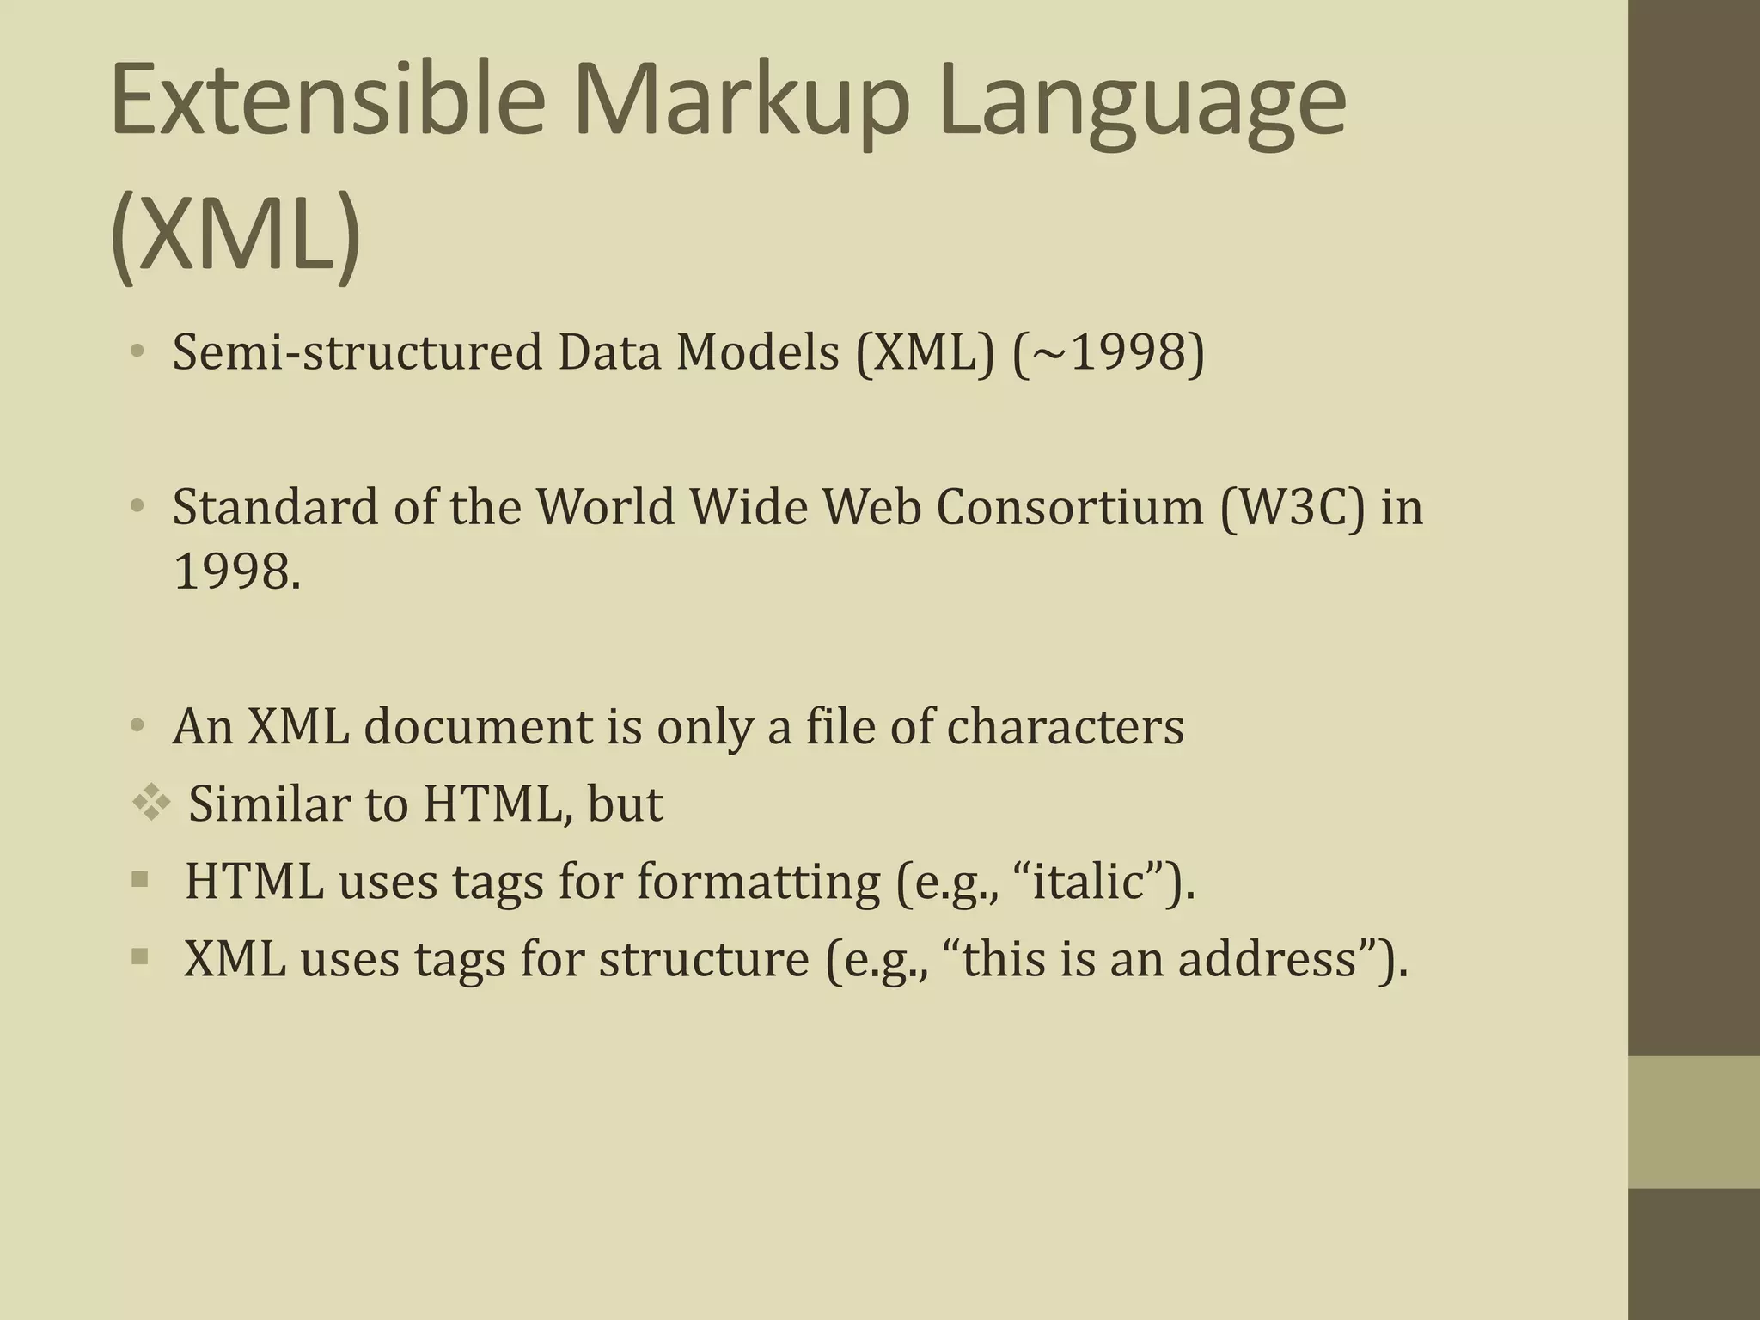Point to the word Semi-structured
click(357, 352)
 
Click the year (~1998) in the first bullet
click(1109, 352)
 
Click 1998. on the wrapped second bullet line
click(237, 571)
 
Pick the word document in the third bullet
click(478, 727)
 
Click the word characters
click(1065, 727)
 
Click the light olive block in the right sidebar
click(1694, 1121)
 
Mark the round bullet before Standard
click(137, 507)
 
